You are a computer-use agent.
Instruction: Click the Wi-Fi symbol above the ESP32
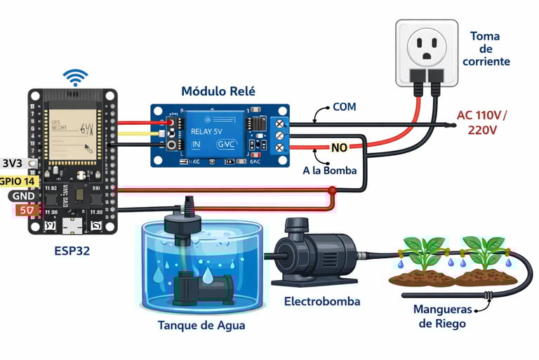(75, 76)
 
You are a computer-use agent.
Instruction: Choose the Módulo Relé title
(218, 91)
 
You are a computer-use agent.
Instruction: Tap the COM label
(345, 107)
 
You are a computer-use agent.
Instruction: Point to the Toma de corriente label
(489, 48)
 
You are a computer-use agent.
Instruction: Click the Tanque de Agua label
(202, 326)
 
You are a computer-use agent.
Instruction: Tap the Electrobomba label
(322, 301)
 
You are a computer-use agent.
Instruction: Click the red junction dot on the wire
(332, 190)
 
